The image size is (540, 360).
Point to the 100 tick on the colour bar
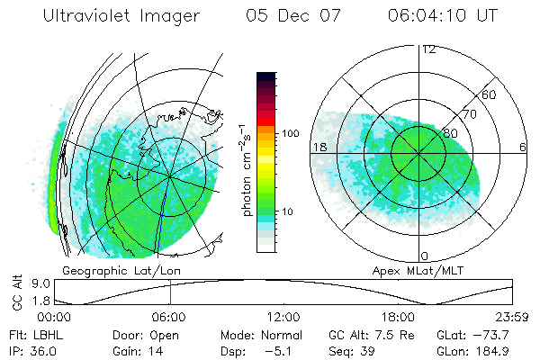[290, 133]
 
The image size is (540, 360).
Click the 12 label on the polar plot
[428, 49]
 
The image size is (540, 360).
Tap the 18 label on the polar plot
[319, 147]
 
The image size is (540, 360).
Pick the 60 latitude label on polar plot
[490, 94]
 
